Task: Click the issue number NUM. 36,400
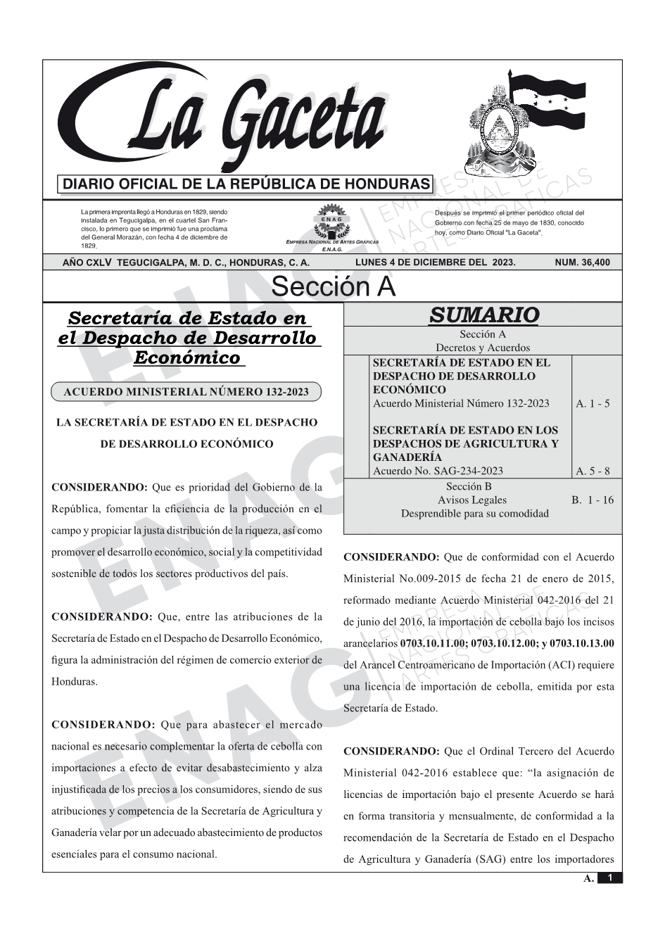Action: click(583, 262)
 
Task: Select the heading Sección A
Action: click(333, 287)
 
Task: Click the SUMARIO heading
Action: click(483, 315)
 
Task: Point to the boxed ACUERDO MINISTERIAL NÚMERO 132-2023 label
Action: click(186, 392)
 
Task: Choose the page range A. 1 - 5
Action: click(593, 404)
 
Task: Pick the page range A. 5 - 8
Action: click(593, 471)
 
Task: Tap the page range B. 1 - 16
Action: click(593, 500)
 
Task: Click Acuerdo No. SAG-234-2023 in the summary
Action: click(438, 471)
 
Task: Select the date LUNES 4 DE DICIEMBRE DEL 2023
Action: click(436, 262)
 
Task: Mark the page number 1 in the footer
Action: click(610, 878)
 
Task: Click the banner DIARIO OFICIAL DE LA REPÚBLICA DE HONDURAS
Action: click(246, 184)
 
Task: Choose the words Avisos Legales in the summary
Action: click(471, 500)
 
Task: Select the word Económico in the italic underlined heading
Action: click(187, 357)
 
